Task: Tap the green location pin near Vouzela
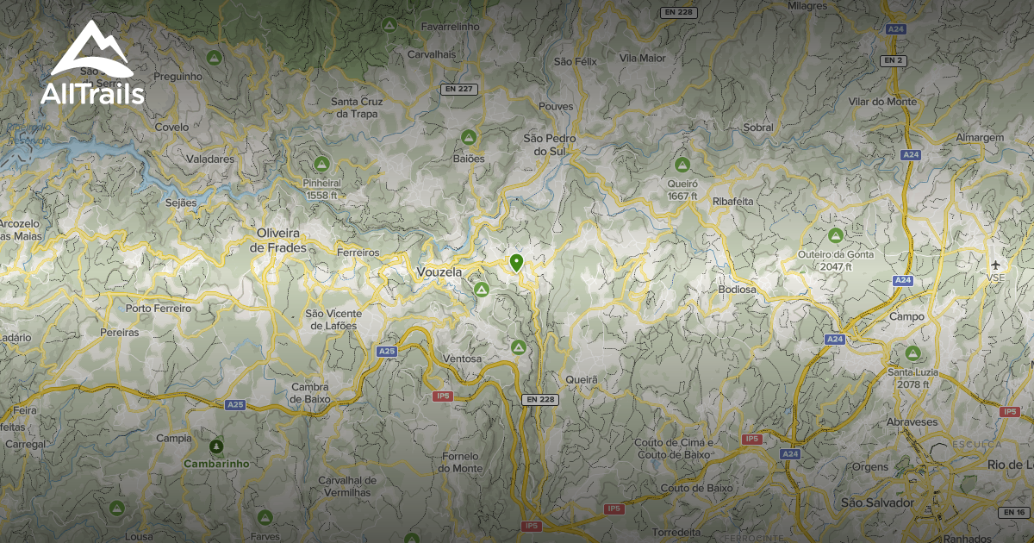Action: [x=516, y=262]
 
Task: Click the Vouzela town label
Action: [x=439, y=272]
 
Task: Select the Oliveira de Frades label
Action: [x=278, y=240]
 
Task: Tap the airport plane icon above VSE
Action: [x=997, y=265]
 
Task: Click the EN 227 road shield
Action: [x=458, y=89]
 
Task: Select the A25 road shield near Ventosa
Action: [x=387, y=351]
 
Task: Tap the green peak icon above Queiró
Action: [x=682, y=164]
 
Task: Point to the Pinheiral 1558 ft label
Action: [x=322, y=189]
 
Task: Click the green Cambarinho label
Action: [x=215, y=463]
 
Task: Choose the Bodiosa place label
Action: [x=737, y=290]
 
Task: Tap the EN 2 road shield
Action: [x=893, y=60]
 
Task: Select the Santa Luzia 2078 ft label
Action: [x=913, y=378]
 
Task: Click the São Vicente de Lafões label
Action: [x=331, y=319]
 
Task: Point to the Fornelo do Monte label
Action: [x=460, y=462]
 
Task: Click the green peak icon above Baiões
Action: [x=469, y=137]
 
